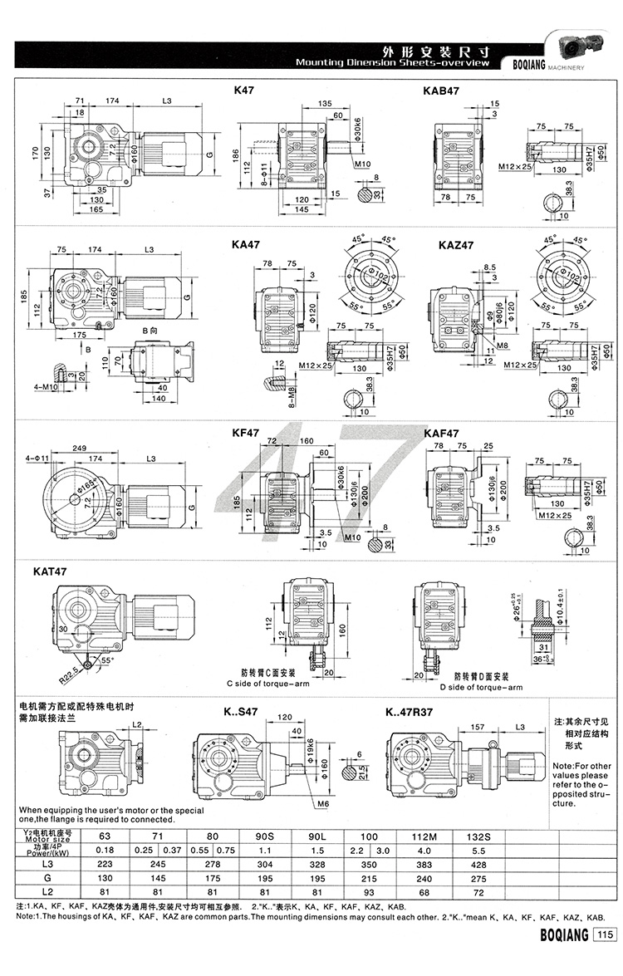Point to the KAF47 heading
[x=442, y=433]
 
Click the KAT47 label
[x=52, y=571]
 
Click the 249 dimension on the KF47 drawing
[x=80, y=449]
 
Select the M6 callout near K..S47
[x=332, y=804]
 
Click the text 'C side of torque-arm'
[x=267, y=688]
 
